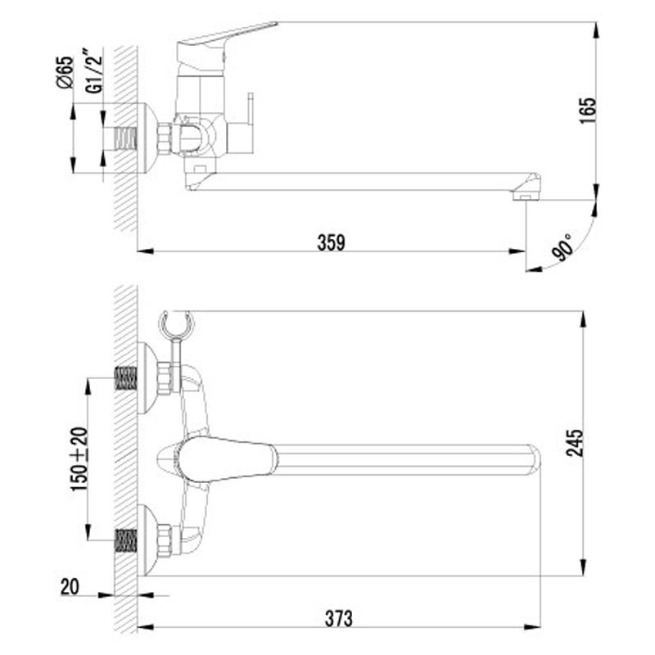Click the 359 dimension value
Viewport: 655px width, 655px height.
coord(332,242)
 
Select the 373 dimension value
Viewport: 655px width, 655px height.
coord(339,619)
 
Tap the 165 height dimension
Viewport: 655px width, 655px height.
coord(587,111)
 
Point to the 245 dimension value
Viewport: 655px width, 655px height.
coord(575,443)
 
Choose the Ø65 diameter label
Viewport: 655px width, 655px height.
coord(65,72)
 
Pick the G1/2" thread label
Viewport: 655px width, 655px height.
coord(93,71)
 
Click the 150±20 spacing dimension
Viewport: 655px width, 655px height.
coord(79,458)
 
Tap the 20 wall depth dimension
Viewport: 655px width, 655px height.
coord(70,587)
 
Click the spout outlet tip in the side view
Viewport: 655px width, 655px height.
coord(526,196)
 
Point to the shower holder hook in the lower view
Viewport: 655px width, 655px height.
coord(176,323)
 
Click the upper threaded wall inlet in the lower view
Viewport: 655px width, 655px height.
coord(126,378)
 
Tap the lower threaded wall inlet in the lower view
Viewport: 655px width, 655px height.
coord(126,540)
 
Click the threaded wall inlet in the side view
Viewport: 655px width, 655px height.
coord(126,138)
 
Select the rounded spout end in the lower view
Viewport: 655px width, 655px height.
coord(533,460)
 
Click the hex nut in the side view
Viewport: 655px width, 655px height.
coord(165,138)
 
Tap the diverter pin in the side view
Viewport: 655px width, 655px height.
coord(251,108)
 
